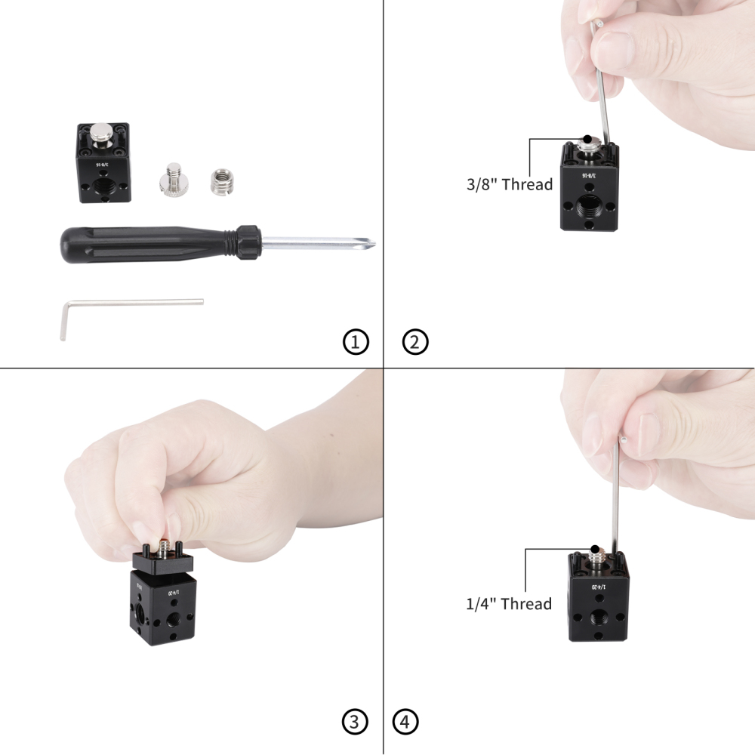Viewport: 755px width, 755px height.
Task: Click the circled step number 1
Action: [356, 342]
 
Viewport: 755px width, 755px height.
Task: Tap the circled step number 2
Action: [415, 342]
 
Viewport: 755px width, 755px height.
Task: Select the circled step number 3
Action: [355, 721]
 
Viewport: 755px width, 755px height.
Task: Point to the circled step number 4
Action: [405, 721]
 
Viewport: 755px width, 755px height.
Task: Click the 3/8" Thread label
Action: [510, 184]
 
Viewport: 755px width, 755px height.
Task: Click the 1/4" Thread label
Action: [508, 604]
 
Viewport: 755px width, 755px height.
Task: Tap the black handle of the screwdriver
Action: [151, 242]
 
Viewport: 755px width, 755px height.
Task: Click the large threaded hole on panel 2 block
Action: [589, 204]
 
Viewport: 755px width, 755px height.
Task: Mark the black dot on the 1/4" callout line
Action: [595, 549]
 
